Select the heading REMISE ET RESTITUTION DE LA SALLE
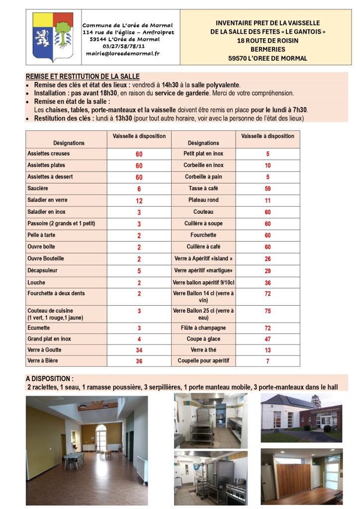(83, 77)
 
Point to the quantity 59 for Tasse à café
(268, 189)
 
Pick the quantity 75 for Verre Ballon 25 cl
(268, 311)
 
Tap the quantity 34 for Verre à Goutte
(139, 350)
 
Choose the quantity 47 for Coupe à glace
(268, 339)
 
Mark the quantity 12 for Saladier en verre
(139, 200)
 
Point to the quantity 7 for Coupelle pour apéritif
(268, 361)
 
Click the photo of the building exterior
(301, 418)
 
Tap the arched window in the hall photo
(101, 437)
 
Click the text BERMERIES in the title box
(268, 49)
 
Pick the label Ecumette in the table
(39, 328)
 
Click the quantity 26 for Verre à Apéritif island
(268, 258)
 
